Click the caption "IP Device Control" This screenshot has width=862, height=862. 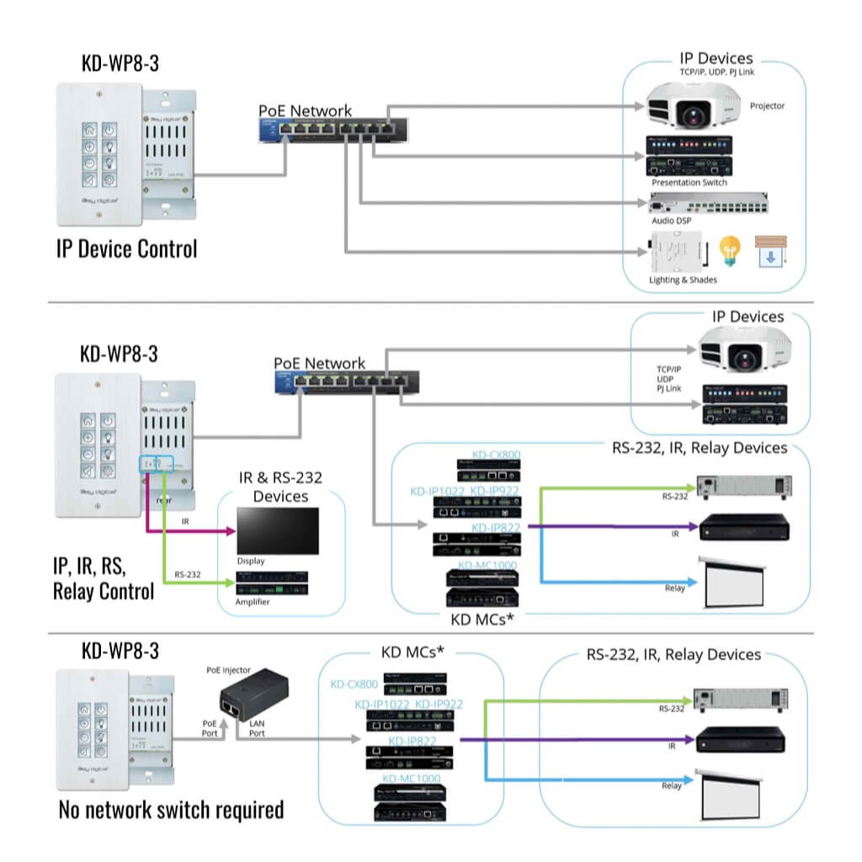pyautogui.click(x=126, y=249)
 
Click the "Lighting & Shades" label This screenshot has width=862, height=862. pyautogui.click(x=683, y=279)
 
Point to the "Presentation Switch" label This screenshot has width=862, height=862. pyautogui.click(x=689, y=183)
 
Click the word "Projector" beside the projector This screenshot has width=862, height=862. pyautogui.click(x=767, y=106)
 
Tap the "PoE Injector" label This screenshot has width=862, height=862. pyautogui.click(x=229, y=669)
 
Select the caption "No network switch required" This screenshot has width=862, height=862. pyautogui.click(x=171, y=810)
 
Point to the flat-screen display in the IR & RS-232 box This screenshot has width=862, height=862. pyautogui.click(x=278, y=530)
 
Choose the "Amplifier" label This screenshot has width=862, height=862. pyautogui.click(x=253, y=602)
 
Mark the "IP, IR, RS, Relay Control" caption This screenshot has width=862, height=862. pyautogui.click(x=104, y=579)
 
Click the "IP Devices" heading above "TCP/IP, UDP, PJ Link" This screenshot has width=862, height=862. pyautogui.click(x=716, y=59)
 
